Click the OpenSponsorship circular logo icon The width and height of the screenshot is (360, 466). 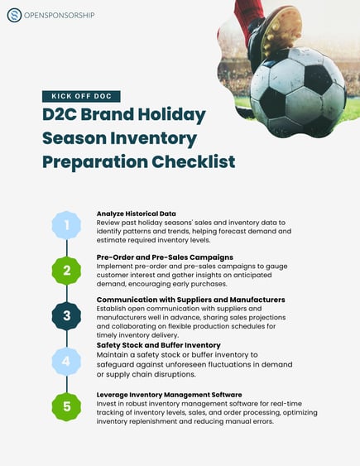point(14,15)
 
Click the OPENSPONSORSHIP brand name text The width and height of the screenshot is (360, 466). point(59,15)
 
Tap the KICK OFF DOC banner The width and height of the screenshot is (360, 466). point(81,96)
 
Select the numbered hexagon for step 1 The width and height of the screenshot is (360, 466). point(66,223)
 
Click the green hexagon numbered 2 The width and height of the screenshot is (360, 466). point(66,269)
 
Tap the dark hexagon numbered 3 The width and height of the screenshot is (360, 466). point(66,315)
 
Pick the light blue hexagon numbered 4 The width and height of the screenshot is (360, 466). point(66,360)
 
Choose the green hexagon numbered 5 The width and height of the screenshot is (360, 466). point(66,406)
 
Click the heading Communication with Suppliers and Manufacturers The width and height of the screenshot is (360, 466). point(190,299)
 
